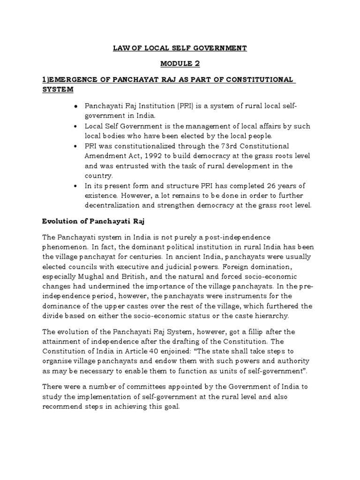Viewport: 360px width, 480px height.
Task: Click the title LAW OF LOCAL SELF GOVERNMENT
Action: coord(180,48)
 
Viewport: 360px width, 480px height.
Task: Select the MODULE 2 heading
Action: coord(180,64)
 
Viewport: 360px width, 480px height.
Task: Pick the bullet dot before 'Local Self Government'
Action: coord(75,127)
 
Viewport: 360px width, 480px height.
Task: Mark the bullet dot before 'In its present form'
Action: coord(75,186)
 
